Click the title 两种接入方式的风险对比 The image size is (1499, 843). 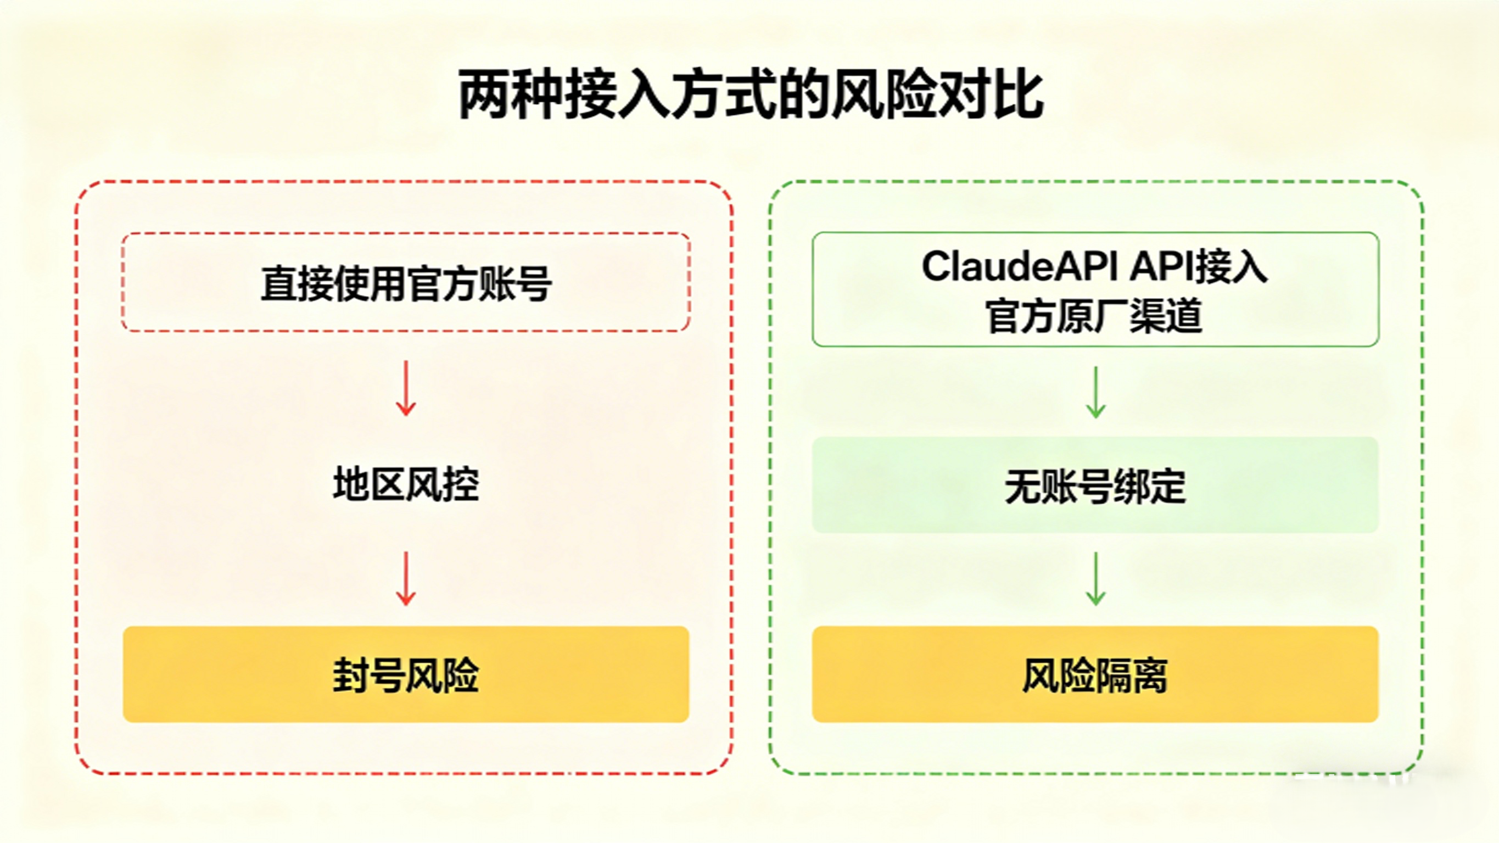[x=751, y=95]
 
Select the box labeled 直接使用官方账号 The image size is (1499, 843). [x=406, y=282]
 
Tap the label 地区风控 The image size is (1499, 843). [x=406, y=484]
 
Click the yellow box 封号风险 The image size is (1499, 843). [x=406, y=674]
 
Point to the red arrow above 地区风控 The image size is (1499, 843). [x=406, y=388]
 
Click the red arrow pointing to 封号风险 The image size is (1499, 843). [x=406, y=579]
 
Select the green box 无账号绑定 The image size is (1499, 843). [x=1095, y=485]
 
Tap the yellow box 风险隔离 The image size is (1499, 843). [x=1095, y=674]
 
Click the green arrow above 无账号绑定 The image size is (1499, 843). [x=1096, y=392]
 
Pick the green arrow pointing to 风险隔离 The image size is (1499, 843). [x=1096, y=579]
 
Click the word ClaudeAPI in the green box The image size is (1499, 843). [x=1019, y=267]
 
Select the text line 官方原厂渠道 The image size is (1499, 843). [x=1094, y=316]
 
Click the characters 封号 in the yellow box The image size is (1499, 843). [x=369, y=675]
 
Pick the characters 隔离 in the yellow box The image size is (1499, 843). [x=1131, y=675]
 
